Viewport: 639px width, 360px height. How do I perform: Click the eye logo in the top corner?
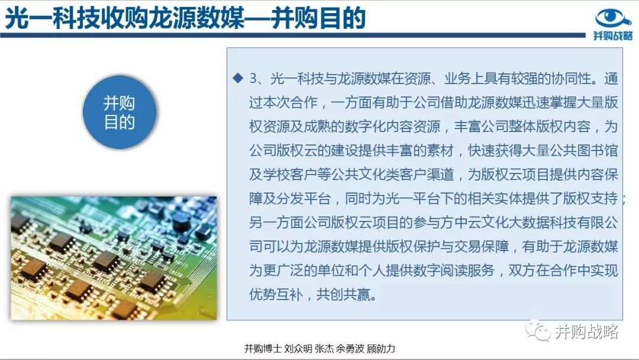click(x=613, y=18)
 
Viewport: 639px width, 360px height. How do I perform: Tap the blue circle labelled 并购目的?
click(x=120, y=112)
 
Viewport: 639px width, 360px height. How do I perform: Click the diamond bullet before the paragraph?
click(x=238, y=78)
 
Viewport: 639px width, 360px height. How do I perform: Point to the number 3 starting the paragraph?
click(x=253, y=78)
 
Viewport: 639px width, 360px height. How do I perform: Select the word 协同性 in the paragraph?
click(x=571, y=78)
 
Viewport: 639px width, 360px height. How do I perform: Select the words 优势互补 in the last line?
click(x=276, y=294)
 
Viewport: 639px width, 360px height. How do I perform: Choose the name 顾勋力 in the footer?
click(x=381, y=349)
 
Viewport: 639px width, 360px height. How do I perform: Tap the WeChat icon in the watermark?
click(x=538, y=331)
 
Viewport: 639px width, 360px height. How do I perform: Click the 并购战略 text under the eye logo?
click(x=612, y=36)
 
